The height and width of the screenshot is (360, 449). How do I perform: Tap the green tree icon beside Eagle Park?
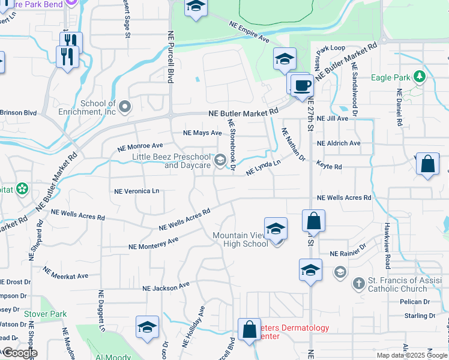pyautogui.click(x=420, y=77)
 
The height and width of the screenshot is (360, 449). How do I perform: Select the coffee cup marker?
pyautogui.click(x=302, y=85)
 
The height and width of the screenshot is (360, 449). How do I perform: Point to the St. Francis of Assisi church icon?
pyautogui.click(x=358, y=282)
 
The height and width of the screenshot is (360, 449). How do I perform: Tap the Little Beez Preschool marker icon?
pyautogui.click(x=220, y=159)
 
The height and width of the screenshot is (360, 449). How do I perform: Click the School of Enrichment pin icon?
pyautogui.click(x=125, y=107)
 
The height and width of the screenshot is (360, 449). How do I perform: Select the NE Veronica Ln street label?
pyautogui.click(x=137, y=191)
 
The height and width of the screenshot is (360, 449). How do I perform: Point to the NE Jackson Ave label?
pyautogui.click(x=166, y=287)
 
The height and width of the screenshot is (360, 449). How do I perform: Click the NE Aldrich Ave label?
pyautogui.click(x=339, y=143)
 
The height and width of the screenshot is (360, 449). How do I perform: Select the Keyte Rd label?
pyautogui.click(x=329, y=166)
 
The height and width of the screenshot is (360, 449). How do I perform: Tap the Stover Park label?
pyautogui.click(x=46, y=314)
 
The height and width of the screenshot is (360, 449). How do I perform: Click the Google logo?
pyautogui.click(x=19, y=353)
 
